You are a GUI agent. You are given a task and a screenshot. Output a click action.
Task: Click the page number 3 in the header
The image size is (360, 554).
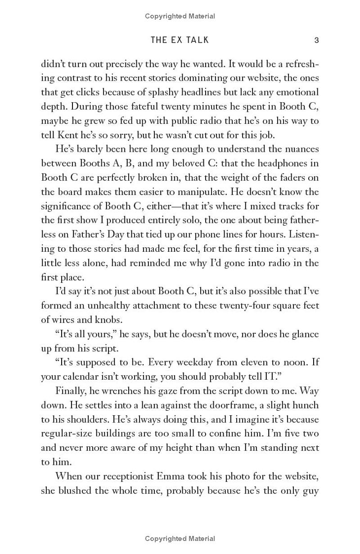[x=316, y=40]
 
